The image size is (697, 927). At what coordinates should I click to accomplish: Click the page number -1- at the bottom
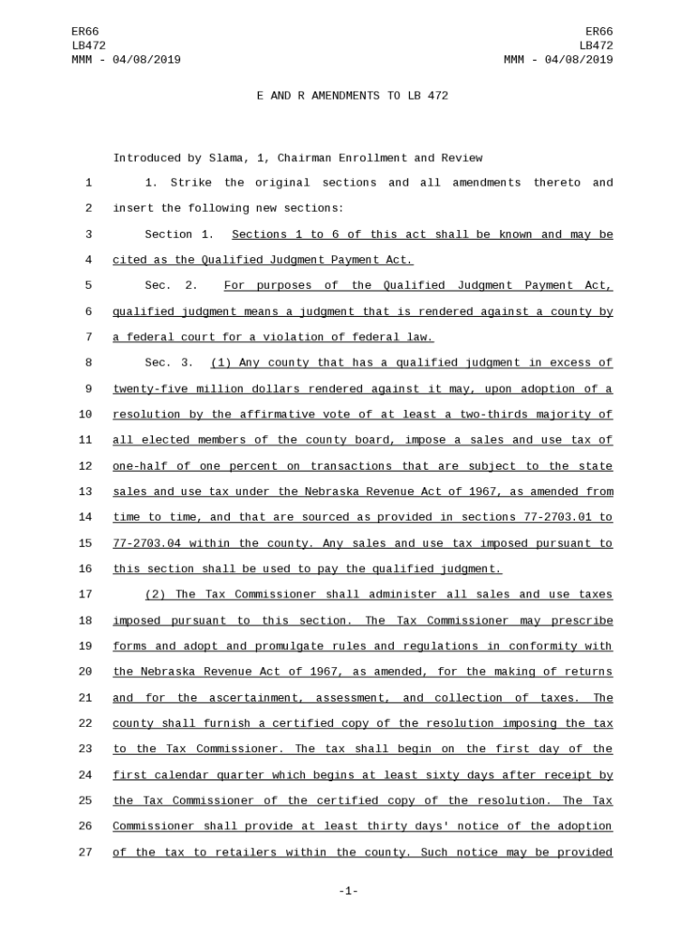tap(348, 892)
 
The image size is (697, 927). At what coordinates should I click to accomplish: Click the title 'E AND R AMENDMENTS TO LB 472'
tap(352, 96)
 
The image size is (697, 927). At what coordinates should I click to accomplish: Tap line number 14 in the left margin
tap(85, 518)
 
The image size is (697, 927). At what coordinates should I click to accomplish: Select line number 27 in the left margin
tap(85, 853)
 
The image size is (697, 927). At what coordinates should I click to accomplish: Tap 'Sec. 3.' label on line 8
tap(169, 363)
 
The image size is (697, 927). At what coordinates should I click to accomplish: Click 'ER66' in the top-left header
tap(85, 32)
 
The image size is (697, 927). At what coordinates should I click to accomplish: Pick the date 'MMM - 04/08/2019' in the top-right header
tap(558, 60)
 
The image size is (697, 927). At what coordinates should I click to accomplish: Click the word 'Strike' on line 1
tap(191, 183)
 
